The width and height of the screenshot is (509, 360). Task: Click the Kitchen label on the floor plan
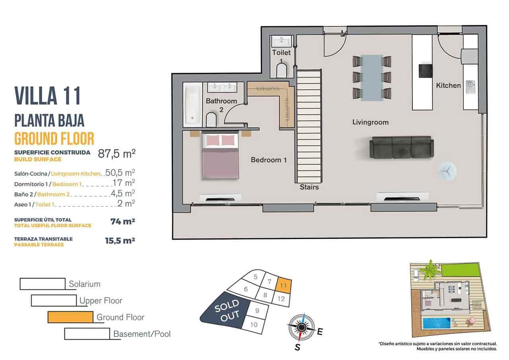point(448,85)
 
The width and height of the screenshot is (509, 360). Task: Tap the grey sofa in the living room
point(401,147)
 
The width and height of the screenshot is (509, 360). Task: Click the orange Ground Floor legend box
point(70,317)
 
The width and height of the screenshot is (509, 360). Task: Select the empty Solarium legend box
point(42,284)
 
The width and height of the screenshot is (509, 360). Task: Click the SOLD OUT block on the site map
point(225,311)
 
